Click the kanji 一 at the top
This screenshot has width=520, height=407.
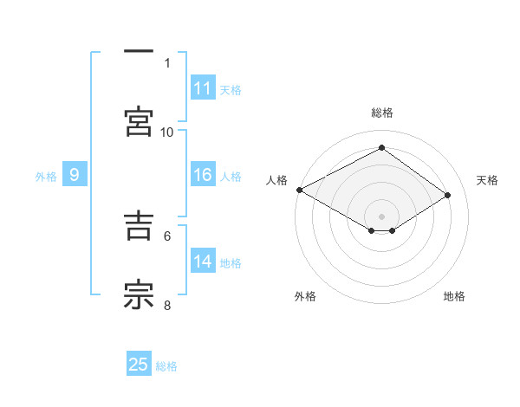(x=139, y=52)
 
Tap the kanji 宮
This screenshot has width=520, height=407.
(x=139, y=120)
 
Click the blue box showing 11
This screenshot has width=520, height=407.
(x=203, y=88)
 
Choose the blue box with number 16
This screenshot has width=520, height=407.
(x=203, y=175)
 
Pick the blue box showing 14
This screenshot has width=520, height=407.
(x=203, y=262)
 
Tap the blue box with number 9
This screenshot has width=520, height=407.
(x=75, y=175)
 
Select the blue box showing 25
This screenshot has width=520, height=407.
(x=139, y=365)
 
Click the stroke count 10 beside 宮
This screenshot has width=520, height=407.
(x=167, y=132)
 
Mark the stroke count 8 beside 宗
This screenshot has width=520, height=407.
(x=167, y=305)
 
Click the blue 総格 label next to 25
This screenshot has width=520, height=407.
(x=166, y=366)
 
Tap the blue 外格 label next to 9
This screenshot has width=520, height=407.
(x=46, y=177)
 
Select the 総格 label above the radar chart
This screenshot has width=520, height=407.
(x=382, y=113)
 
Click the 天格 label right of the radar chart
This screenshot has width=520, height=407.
(x=488, y=180)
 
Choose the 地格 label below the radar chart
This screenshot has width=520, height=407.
(x=454, y=296)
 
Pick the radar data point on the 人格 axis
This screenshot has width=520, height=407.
(x=299, y=190)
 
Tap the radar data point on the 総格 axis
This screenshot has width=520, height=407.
(x=381, y=148)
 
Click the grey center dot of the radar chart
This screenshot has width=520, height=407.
(x=381, y=216)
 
